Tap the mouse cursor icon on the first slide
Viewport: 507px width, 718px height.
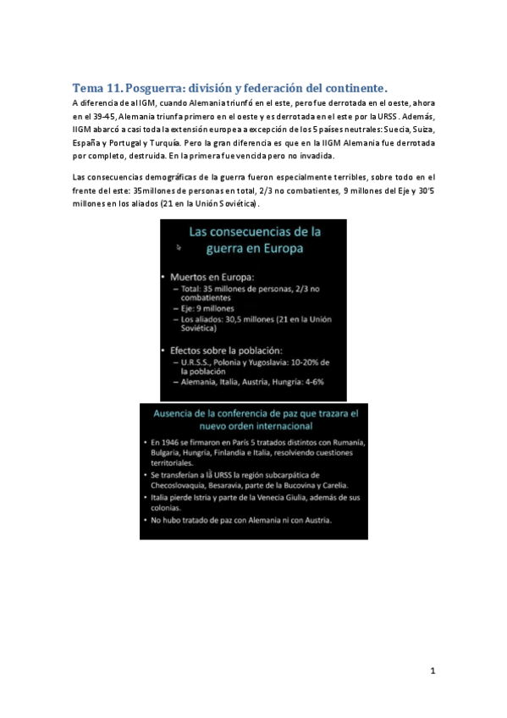[x=179, y=248]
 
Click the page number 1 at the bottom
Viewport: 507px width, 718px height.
[x=433, y=671]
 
